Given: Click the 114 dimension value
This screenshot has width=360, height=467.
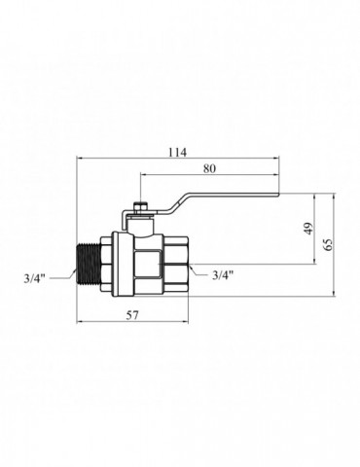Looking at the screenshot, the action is (x=177, y=152).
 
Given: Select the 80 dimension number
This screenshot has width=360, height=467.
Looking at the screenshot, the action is (x=209, y=168).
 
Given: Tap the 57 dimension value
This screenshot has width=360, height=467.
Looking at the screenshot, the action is (x=132, y=315).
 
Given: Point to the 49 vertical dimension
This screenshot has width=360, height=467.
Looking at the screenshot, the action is (x=309, y=229).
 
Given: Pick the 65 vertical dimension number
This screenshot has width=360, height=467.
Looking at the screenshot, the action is (x=328, y=245).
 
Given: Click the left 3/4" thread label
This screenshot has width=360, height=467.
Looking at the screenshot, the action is (x=34, y=278).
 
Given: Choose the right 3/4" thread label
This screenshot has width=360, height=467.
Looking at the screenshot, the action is (x=223, y=275).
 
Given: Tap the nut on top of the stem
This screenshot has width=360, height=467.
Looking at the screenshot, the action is (x=140, y=206).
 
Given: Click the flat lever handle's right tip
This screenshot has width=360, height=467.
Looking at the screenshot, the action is (x=278, y=195).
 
